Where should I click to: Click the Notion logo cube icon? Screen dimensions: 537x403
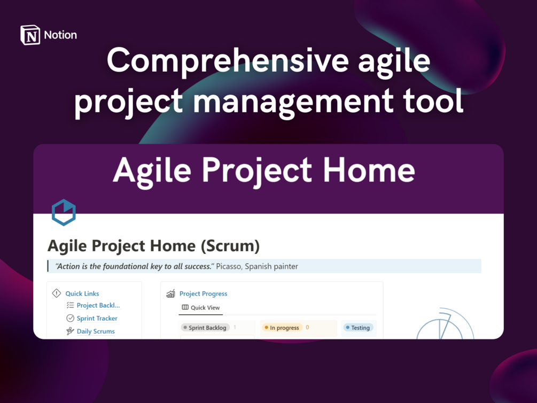click(30, 35)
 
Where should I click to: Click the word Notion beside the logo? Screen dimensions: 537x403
click(60, 35)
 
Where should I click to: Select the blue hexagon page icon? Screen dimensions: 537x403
click(64, 213)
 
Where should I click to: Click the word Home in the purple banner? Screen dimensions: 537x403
click(369, 170)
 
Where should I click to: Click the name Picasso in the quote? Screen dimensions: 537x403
click(228, 266)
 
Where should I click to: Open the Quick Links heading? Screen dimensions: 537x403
click(82, 293)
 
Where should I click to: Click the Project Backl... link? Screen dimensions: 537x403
click(98, 305)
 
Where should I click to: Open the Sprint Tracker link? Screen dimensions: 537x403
click(97, 319)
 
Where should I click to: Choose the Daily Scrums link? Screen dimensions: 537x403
click(96, 331)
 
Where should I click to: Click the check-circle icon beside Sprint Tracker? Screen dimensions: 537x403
click(70, 319)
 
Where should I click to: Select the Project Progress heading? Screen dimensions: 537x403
click(204, 293)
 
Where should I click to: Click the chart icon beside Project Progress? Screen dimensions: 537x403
click(170, 293)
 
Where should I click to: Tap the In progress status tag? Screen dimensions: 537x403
click(282, 328)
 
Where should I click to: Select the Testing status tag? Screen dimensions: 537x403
click(358, 328)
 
